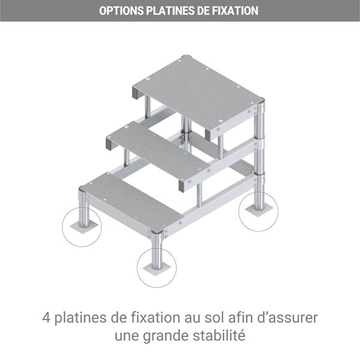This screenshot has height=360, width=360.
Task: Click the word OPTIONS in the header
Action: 121,11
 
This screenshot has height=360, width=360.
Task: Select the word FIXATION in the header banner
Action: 235,11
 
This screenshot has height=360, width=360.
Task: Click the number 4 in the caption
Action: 46,318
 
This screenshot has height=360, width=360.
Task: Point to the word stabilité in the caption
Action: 219,335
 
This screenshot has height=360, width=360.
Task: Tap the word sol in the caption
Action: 214,318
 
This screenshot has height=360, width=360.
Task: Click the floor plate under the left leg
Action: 84,227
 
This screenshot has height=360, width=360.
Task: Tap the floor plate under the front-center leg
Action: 157,269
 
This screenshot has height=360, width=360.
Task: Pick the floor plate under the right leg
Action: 259,211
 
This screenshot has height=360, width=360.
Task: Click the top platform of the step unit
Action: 198,92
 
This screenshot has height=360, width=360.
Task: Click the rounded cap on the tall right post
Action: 261,101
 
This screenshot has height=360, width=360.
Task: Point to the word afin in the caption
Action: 241,318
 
